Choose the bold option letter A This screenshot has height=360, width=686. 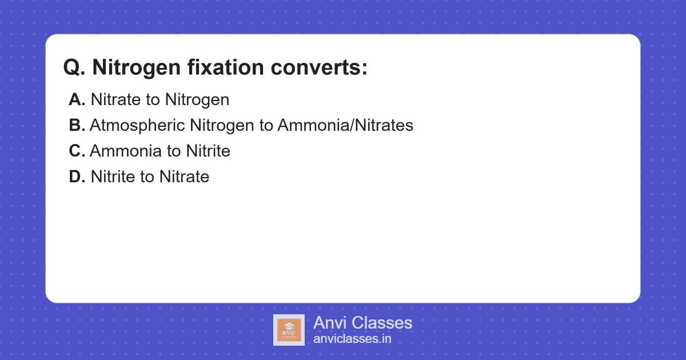click(77, 99)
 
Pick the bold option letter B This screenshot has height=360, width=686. click(77, 125)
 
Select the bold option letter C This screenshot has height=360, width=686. click(77, 151)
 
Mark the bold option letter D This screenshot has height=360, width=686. click(77, 177)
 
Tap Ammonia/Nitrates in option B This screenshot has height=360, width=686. click(345, 125)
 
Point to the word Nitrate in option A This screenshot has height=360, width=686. click(116, 99)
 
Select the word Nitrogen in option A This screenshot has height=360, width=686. click(197, 99)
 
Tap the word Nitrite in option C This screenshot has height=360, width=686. click(208, 151)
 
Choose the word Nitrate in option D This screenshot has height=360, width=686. click(184, 177)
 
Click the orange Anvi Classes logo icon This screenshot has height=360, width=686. click(289, 330)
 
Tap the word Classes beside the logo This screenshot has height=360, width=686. click(382, 323)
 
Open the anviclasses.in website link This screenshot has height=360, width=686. click(352, 339)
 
